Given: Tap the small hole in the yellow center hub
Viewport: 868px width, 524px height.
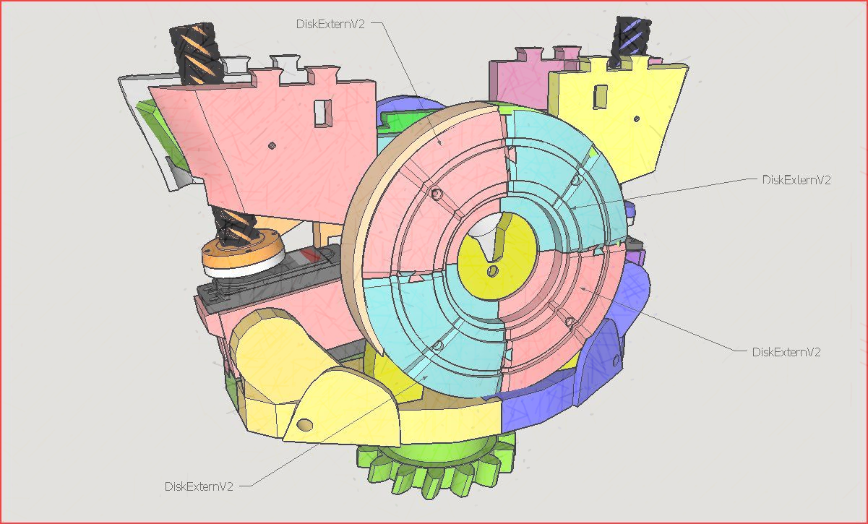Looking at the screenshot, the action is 492,270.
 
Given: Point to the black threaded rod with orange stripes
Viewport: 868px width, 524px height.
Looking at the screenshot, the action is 197,53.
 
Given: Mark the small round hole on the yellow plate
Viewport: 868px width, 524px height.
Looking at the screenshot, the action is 636,119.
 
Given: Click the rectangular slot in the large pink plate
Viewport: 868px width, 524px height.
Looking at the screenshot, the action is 323,113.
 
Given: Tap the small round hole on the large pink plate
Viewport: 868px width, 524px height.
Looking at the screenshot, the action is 272,146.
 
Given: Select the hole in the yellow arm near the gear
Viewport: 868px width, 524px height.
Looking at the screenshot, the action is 304,425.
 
